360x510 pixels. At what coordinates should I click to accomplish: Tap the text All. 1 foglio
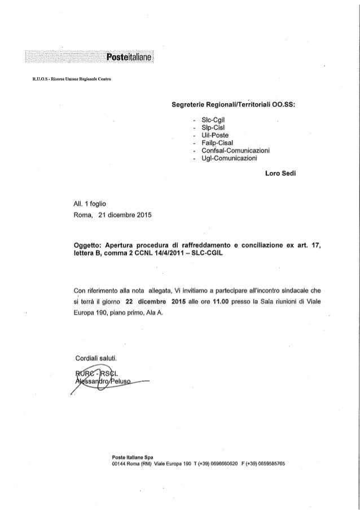pos(86,203)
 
